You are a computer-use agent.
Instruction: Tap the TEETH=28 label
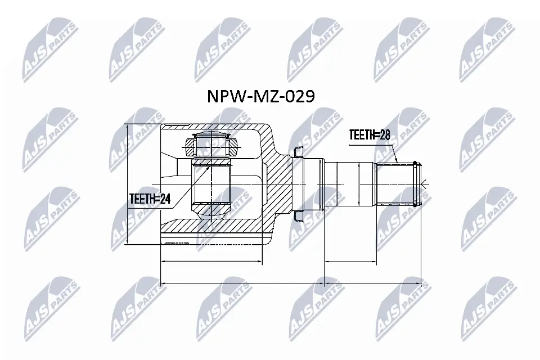point(370,135)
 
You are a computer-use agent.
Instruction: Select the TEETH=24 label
point(149,198)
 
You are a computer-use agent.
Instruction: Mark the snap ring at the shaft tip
point(416,183)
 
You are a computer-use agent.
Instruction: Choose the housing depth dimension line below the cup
point(211,262)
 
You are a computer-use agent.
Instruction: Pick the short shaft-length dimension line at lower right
point(350,262)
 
